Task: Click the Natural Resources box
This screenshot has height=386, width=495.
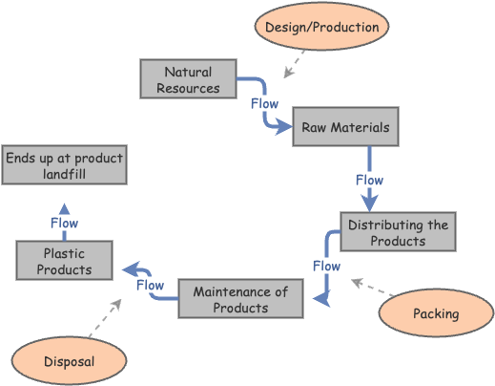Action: (188, 79)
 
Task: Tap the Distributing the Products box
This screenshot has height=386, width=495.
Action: (398, 232)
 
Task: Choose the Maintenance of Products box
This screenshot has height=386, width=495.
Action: (240, 299)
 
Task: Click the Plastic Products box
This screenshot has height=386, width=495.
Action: (64, 261)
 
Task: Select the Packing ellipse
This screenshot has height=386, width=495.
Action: (436, 313)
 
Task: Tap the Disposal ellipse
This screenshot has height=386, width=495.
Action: (70, 362)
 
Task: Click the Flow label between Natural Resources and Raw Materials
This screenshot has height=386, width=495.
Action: (264, 103)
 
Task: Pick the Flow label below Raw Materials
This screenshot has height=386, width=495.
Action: (369, 180)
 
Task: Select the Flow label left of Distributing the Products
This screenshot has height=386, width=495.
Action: (327, 266)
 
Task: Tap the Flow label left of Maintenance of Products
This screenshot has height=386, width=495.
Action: (150, 285)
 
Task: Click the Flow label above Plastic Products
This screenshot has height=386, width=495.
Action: (64, 224)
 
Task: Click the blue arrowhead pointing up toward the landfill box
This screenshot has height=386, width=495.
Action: (64, 207)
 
